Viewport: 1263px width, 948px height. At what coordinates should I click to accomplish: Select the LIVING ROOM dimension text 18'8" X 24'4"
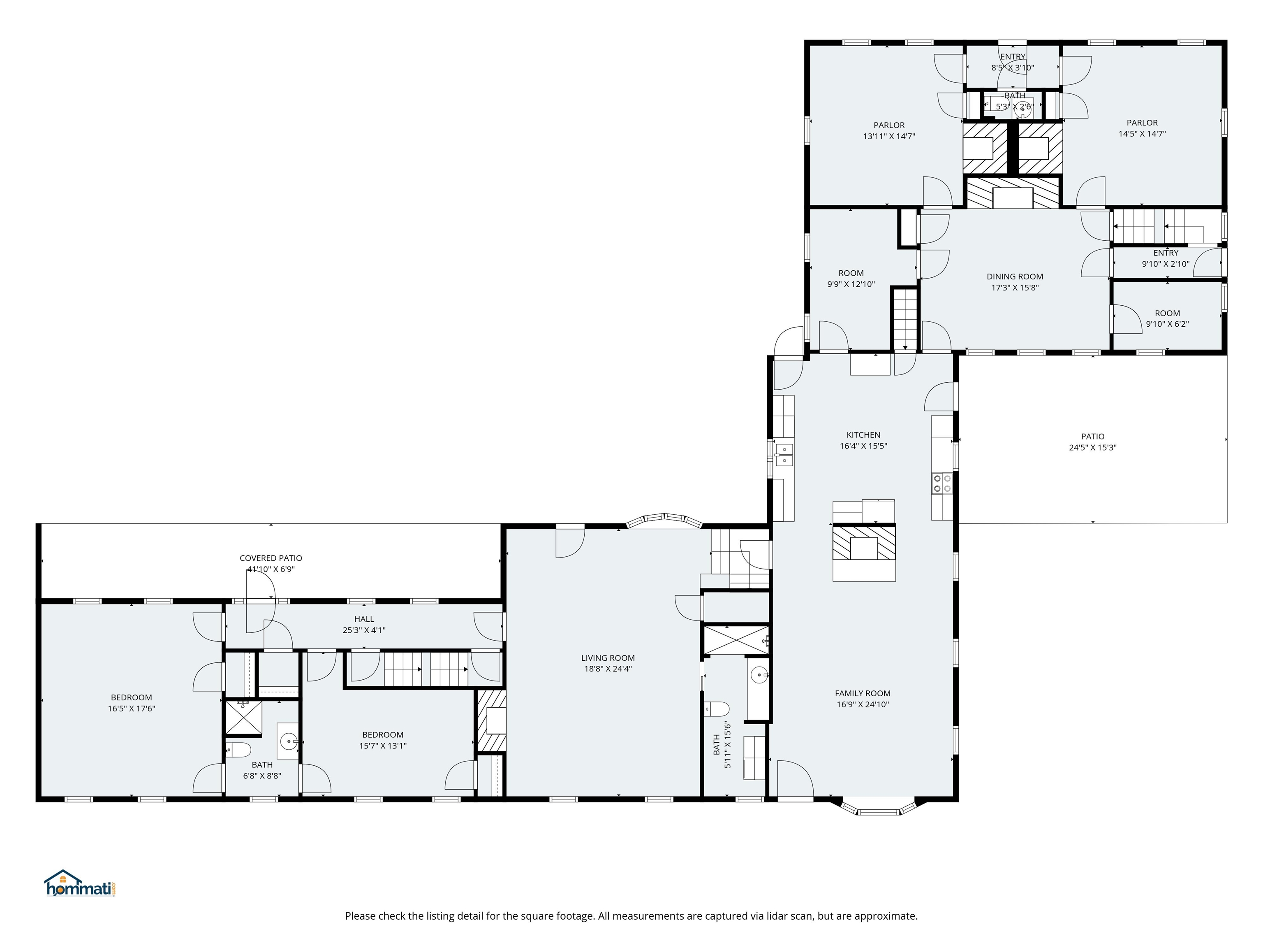point(608,669)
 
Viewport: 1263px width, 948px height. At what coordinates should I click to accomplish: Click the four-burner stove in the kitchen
point(941,483)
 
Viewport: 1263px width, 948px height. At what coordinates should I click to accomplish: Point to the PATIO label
point(1092,436)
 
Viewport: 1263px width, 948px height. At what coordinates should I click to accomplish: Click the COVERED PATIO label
point(271,558)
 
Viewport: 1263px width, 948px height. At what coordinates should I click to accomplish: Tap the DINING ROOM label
point(1015,276)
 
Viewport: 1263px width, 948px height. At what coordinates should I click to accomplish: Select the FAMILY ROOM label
point(862,693)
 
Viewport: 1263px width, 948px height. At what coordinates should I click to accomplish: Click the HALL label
point(364,619)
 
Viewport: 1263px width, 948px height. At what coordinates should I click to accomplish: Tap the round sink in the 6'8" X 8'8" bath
point(289,742)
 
